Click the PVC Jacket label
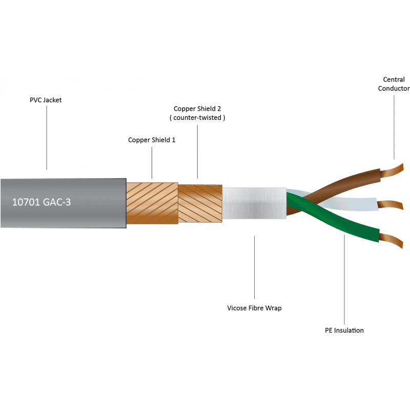click(x=46, y=100)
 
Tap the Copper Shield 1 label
click(x=152, y=140)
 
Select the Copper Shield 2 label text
click(x=197, y=109)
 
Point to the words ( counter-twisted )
click(x=197, y=118)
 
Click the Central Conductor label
click(x=394, y=84)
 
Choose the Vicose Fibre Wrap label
click(x=254, y=308)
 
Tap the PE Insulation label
click(x=344, y=331)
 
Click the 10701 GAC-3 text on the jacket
click(x=42, y=202)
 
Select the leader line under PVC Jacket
click(x=47, y=137)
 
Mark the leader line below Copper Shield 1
click(x=152, y=163)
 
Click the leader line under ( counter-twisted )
click(x=197, y=152)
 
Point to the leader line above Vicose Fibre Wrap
click(x=254, y=267)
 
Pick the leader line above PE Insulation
click(x=344, y=279)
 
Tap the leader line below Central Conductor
click(x=394, y=127)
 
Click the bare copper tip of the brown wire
click(x=392, y=171)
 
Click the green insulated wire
click(x=332, y=217)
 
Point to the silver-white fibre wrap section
click(x=254, y=203)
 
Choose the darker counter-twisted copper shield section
click(x=200, y=203)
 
